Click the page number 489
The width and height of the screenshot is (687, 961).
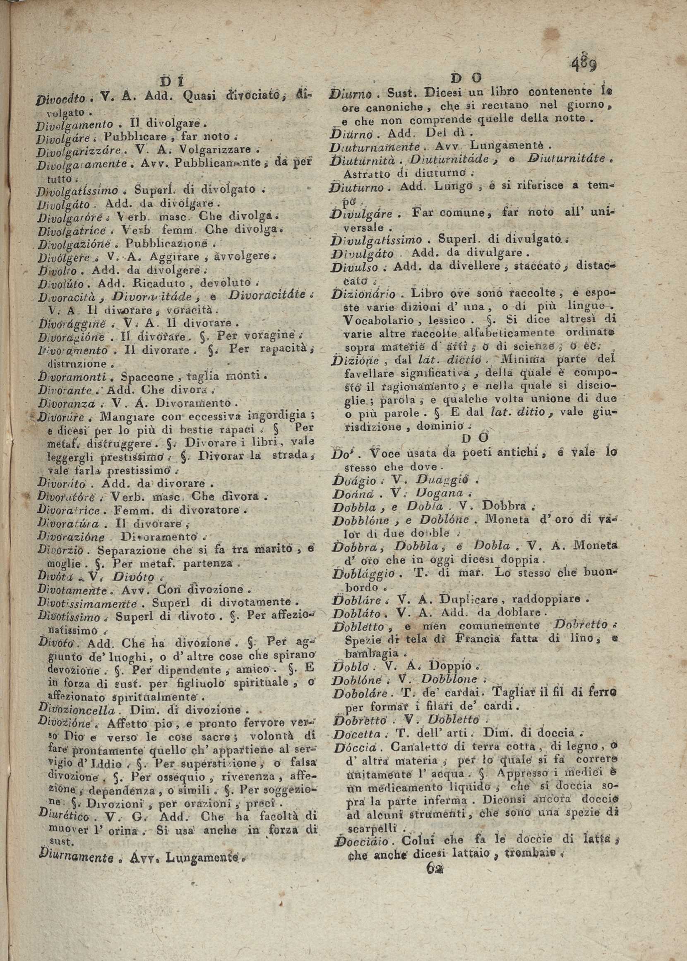[584, 64]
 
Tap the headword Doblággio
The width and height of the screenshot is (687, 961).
[364, 574]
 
